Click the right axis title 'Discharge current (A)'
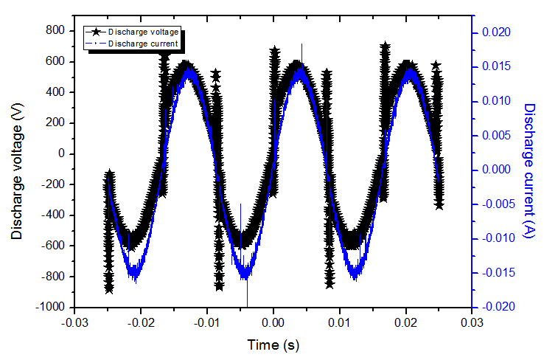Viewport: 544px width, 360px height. coord(528,169)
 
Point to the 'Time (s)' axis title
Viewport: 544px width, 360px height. coord(273,345)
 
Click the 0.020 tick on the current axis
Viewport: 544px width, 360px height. coord(496,32)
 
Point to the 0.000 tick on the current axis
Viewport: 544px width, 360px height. coord(496,169)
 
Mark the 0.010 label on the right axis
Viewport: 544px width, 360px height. coord(496,101)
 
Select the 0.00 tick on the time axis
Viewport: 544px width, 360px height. coord(273,322)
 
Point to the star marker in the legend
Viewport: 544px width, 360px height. coord(95,32)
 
